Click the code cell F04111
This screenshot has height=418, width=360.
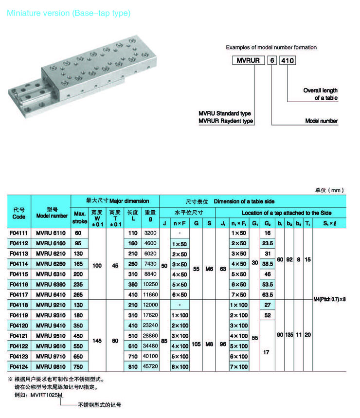(19, 233)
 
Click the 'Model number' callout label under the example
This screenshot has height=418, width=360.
(321, 121)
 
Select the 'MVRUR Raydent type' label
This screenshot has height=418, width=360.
(226, 121)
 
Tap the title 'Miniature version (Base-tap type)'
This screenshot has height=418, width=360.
(69, 13)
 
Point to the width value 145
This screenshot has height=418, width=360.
(97, 341)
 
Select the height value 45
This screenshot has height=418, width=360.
(115, 266)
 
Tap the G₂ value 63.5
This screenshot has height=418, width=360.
(267, 294)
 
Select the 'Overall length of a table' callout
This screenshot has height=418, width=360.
(320, 94)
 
